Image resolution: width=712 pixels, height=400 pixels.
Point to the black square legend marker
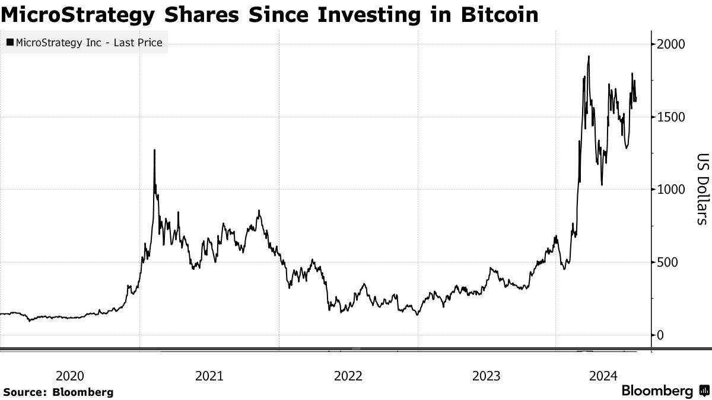click(x=10, y=43)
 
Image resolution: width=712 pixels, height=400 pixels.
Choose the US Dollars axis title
click(x=702, y=190)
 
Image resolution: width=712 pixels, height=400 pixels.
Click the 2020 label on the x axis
click(x=70, y=376)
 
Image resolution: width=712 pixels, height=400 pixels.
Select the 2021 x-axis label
click(x=209, y=376)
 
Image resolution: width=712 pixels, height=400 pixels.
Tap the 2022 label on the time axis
click(x=348, y=376)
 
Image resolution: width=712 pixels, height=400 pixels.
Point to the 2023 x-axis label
click(x=487, y=376)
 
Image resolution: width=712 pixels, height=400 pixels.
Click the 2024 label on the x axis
click(x=605, y=376)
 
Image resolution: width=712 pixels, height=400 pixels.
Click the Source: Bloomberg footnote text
click(x=58, y=392)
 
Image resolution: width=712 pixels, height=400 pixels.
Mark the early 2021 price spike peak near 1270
click(x=155, y=151)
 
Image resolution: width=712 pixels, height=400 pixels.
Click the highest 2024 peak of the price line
click(x=588, y=57)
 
